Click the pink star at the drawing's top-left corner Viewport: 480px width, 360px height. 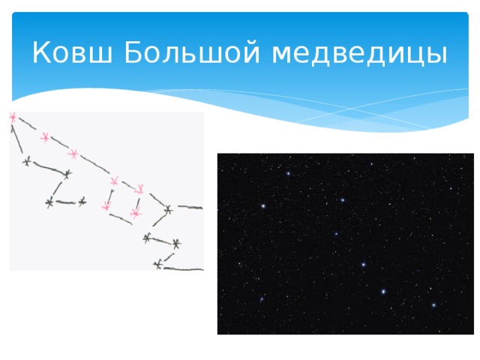click(x=12, y=117)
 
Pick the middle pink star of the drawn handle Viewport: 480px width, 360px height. click(x=45, y=137)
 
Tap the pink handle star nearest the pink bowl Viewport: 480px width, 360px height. click(x=73, y=154)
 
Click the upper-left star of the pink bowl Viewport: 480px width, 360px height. click(x=114, y=181)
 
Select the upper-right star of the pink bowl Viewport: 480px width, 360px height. click(x=139, y=188)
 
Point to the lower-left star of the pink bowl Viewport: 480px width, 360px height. click(x=106, y=205)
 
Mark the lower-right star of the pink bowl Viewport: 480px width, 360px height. click(x=135, y=214)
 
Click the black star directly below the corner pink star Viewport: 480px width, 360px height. click(x=27, y=161)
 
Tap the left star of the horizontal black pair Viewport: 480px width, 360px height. click(x=49, y=202)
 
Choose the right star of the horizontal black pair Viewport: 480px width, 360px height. click(x=82, y=201)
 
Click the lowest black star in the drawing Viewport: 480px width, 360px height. click(x=157, y=264)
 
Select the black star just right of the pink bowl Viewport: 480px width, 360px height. click(x=168, y=209)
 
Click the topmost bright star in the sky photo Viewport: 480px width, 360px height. click(x=288, y=174)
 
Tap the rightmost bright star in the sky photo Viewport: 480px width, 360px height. click(x=433, y=305)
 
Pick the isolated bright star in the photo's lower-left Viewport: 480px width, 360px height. click(x=262, y=299)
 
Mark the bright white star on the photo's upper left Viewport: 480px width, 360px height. click(x=263, y=205)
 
